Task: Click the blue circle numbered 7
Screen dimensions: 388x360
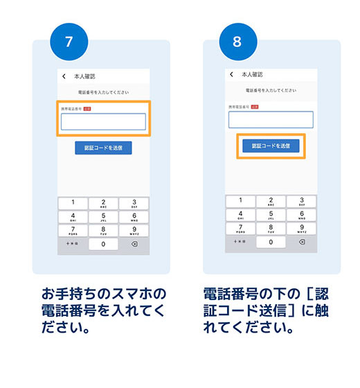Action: point(68,41)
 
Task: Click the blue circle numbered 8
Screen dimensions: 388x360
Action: point(237,41)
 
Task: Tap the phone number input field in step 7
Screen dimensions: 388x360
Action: point(103,122)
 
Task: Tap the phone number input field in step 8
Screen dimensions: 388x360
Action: point(271,120)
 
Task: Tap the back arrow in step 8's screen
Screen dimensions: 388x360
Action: point(231,74)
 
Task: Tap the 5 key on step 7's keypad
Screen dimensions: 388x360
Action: point(103,217)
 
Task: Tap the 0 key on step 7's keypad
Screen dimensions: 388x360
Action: point(103,245)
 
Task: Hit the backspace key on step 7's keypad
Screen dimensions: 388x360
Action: point(134,245)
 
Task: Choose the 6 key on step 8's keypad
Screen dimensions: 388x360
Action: point(301,214)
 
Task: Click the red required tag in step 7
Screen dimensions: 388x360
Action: point(88,109)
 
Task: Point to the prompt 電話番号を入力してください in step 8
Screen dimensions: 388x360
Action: point(271,91)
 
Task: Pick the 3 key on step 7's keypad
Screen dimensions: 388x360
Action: point(134,203)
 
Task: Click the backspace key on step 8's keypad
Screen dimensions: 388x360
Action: point(301,242)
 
